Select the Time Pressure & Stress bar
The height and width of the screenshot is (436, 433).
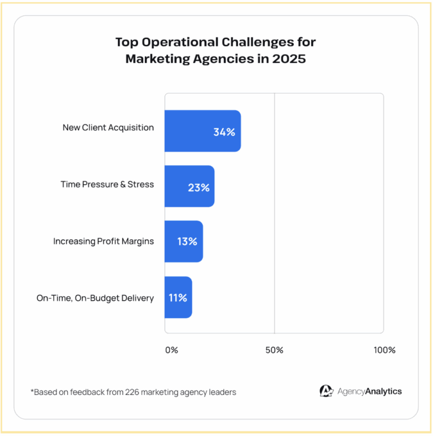179,186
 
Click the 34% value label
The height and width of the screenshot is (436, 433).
224,132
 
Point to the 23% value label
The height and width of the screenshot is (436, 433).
198,188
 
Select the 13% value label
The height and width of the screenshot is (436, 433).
187,242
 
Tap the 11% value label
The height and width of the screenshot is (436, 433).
178,297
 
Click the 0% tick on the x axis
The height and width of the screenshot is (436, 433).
171,350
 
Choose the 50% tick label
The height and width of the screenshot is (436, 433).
274,350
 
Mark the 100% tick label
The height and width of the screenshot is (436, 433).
385,350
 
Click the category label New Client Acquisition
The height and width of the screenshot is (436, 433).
108,128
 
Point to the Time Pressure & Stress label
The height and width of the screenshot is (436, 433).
107,184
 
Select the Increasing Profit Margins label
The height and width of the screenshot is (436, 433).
104,241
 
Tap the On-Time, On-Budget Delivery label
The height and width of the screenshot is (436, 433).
95,298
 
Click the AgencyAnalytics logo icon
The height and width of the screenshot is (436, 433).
326,391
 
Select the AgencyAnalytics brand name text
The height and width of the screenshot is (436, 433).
370,391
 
